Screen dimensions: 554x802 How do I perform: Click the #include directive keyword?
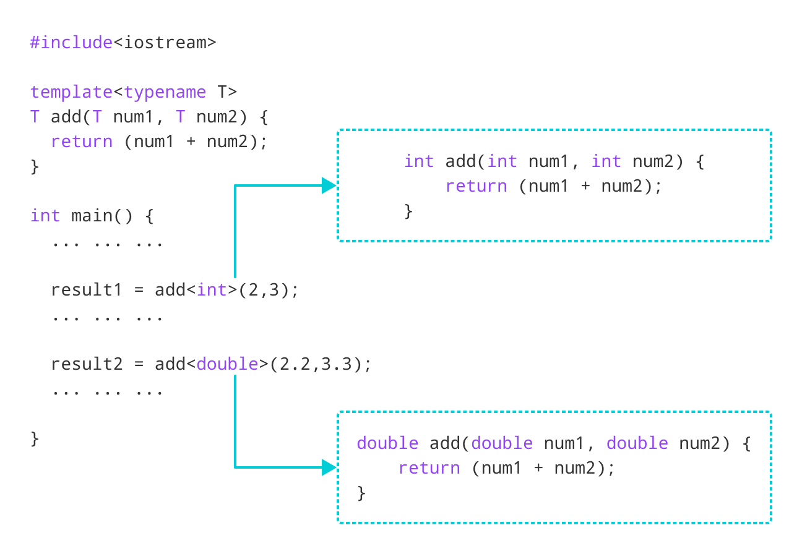coord(71,43)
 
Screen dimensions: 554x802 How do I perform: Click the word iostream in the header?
coord(165,43)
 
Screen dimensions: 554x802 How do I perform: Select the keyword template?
coord(71,92)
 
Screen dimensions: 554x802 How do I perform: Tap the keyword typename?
coord(165,92)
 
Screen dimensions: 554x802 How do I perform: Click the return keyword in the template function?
coord(82,142)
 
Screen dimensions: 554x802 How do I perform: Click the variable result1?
coord(87,290)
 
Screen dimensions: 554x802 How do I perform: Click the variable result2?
coord(87,364)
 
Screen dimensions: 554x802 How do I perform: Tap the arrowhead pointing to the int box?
coord(329,185)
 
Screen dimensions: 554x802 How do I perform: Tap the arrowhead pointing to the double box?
coord(329,467)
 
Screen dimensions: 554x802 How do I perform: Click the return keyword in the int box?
coord(476,186)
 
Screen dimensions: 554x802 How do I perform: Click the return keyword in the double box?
coord(429,468)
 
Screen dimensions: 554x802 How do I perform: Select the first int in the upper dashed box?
coord(419,161)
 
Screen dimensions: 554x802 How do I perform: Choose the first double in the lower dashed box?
coord(387,443)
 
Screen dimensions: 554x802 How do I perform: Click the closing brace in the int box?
coord(408,211)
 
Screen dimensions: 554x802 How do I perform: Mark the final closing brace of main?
coord(35,439)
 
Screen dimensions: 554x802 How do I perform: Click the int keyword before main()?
coord(45,216)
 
